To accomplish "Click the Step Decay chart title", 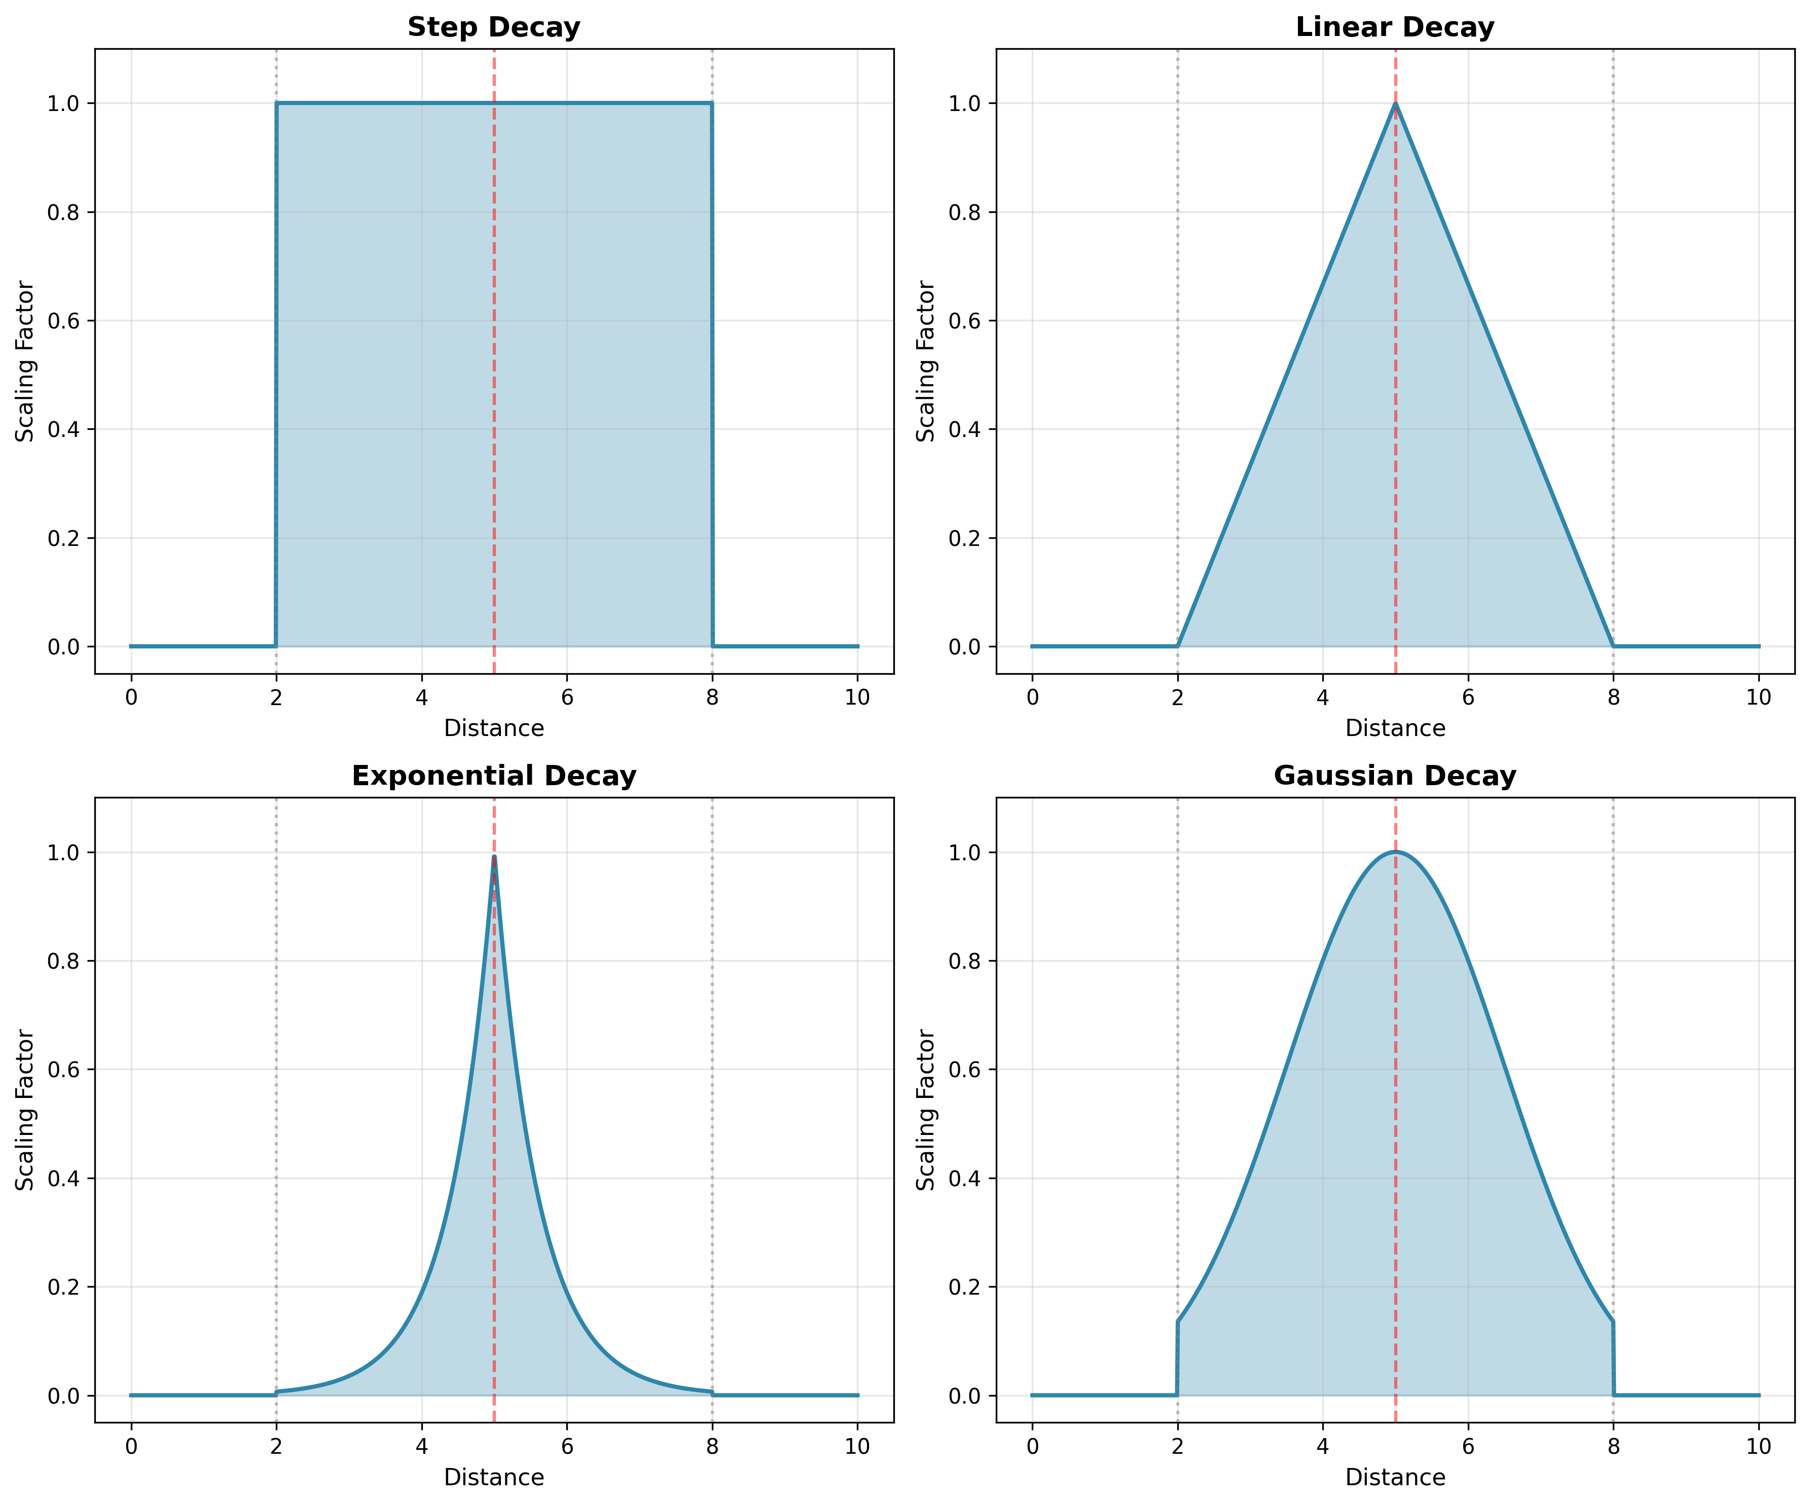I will [494, 27].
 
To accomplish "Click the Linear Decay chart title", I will [1395, 27].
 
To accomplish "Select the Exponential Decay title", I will [494, 777].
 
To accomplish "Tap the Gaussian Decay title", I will [1395, 777].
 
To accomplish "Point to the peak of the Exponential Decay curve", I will [494, 856].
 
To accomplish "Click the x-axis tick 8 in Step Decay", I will [712, 698].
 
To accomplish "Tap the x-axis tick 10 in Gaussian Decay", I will [1758, 1446].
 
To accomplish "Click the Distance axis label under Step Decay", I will [494, 728].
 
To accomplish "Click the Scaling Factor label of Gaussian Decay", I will [926, 1110].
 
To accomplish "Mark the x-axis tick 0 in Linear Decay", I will [1032, 698].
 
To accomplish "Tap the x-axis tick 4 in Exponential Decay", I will [421, 1446].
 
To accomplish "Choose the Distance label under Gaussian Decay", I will [1395, 1478].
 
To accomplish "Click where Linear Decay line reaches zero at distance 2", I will [1177, 646].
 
